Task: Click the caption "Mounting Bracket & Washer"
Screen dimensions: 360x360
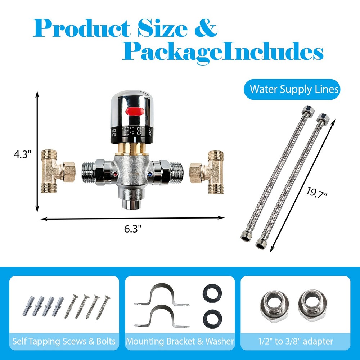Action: pos(180,341)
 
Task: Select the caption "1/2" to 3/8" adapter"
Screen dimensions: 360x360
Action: pos(295,341)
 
